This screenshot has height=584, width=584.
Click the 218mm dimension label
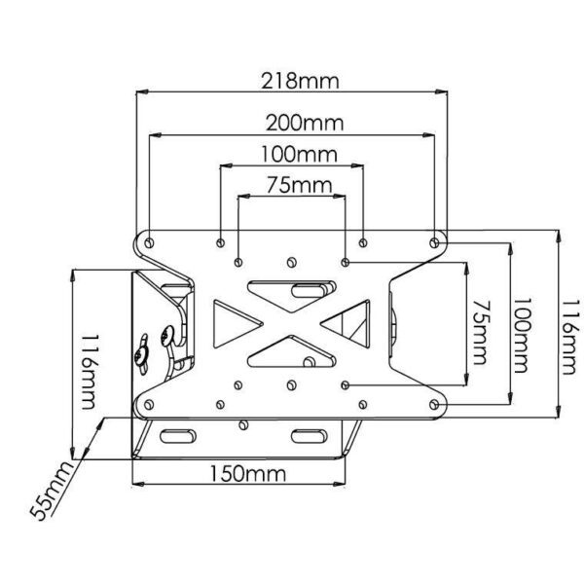(x=300, y=81)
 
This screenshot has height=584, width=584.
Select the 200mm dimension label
(x=305, y=123)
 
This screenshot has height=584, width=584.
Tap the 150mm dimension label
(x=248, y=474)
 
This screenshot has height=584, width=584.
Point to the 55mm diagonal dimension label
(x=52, y=491)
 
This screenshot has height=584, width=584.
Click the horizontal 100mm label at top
(x=299, y=154)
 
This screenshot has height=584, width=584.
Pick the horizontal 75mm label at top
(x=300, y=185)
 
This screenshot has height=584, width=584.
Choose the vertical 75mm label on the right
(x=481, y=332)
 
